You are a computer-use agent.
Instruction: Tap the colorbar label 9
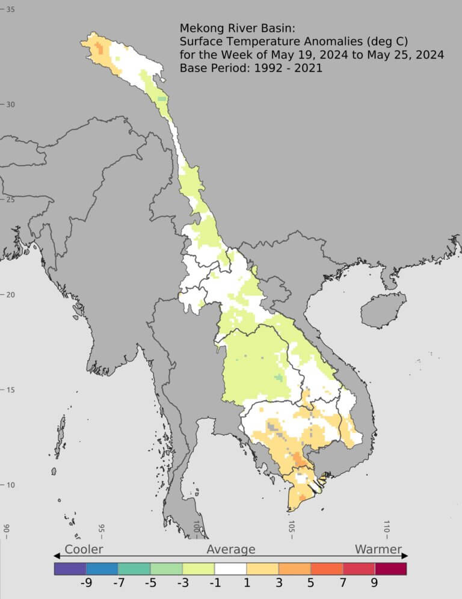pos(374,582)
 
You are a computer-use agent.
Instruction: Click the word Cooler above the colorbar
pos(84,549)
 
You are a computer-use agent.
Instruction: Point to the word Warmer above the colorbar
pos(378,549)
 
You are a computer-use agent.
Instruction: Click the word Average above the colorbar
pos(231,549)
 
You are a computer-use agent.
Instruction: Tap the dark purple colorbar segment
pos(70,568)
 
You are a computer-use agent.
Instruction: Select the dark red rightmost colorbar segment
pos(391,568)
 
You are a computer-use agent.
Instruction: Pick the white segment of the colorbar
pos(230,568)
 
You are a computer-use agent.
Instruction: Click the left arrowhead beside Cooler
pos(57,556)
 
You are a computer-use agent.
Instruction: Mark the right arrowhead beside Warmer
pos(405,556)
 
